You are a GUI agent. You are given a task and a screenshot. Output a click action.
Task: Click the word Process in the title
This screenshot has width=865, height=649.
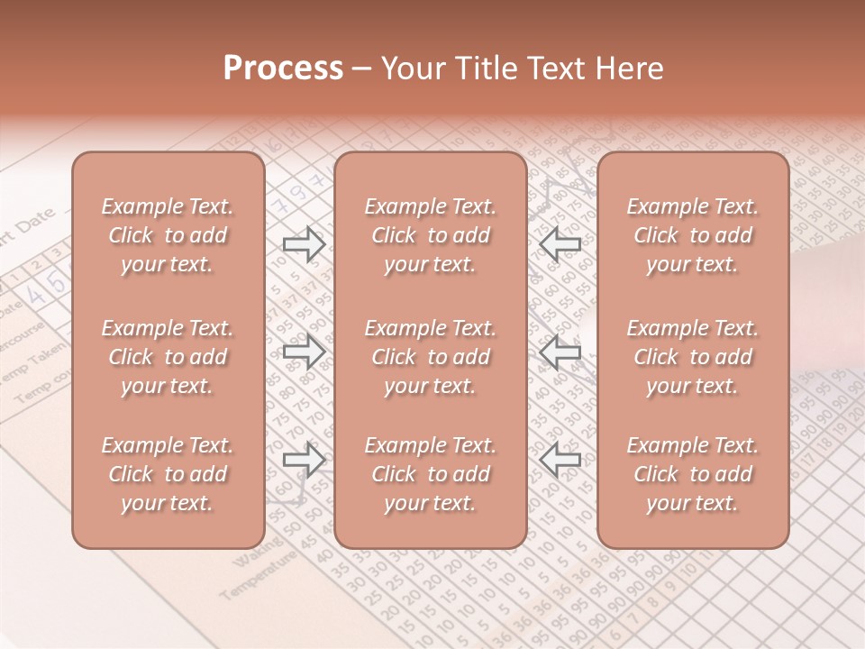[x=283, y=69]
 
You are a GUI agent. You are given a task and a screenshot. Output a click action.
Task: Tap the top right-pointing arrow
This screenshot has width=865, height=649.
[x=304, y=243]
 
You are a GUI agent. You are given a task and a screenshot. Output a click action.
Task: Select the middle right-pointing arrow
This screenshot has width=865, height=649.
[x=304, y=352]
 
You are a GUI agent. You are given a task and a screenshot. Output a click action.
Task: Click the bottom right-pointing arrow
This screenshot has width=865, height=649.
[x=304, y=461]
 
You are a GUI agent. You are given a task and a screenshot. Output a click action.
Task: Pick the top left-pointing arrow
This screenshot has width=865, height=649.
[x=560, y=243]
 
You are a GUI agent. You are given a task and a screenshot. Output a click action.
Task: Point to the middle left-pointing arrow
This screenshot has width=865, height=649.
[x=560, y=352]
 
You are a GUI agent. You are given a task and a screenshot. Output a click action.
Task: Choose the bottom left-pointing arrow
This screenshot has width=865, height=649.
[x=560, y=461]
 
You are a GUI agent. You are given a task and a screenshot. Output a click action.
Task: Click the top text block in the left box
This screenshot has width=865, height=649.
[x=168, y=235]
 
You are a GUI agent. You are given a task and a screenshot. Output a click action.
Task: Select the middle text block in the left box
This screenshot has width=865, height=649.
[x=168, y=357]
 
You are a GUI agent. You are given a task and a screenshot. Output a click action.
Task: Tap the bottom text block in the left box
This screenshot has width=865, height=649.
[x=168, y=474]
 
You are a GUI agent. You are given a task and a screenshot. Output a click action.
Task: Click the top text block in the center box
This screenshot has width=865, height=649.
[x=430, y=235]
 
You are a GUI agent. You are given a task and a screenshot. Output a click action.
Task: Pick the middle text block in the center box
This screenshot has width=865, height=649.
[x=430, y=357]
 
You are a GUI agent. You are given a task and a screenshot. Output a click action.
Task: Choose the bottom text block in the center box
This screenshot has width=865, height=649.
[x=430, y=474]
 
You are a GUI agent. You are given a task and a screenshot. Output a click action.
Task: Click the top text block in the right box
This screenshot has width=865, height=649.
[x=692, y=235]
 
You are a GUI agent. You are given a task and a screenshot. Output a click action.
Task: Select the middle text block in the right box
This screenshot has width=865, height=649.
[x=692, y=357]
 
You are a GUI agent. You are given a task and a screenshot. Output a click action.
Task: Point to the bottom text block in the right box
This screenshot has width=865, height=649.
[x=692, y=474]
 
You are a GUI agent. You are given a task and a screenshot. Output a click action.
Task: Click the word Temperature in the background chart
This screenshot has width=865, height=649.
[x=257, y=578]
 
